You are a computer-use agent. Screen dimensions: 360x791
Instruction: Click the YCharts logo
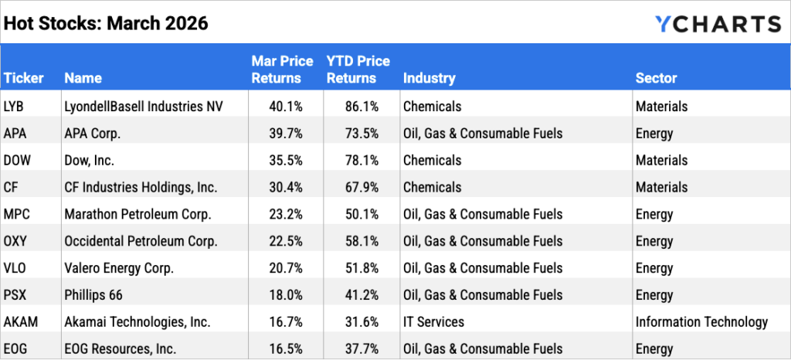[718, 24]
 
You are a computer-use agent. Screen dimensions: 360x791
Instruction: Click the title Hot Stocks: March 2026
[106, 24]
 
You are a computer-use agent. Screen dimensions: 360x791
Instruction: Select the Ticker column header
[23, 78]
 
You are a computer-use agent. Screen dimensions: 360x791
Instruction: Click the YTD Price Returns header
[358, 70]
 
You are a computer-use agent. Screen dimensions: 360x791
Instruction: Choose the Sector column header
[656, 78]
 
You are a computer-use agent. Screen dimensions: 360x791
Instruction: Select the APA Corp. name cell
[93, 134]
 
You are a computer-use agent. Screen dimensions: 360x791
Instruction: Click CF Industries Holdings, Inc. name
[141, 188]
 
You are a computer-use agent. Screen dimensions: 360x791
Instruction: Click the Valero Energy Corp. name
[119, 269]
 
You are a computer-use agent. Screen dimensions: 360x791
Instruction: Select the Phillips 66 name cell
[93, 296]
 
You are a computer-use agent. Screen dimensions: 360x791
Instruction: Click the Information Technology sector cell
[701, 322]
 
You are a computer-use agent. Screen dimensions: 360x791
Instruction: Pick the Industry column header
[429, 78]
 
